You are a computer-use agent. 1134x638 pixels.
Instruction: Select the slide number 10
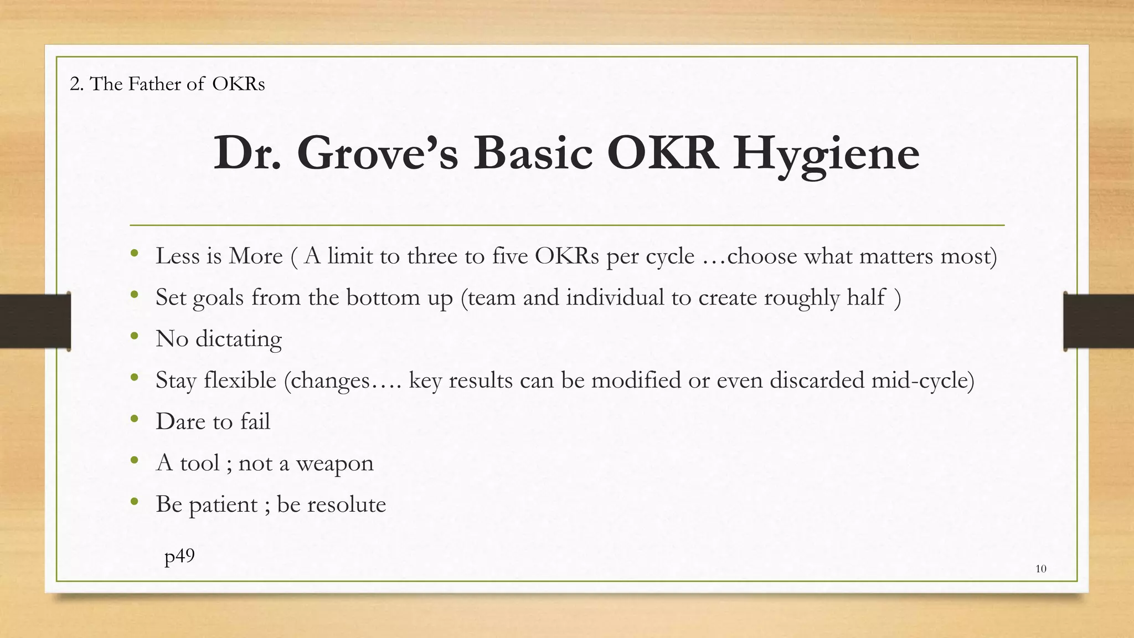(1040, 569)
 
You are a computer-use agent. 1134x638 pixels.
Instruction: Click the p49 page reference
(179, 556)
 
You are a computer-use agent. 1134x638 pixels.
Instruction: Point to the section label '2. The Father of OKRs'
(167, 84)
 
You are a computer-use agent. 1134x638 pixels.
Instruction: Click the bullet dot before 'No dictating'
(134, 336)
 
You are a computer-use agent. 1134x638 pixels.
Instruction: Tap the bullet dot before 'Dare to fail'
(134, 419)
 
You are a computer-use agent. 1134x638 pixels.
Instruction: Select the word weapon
(334, 464)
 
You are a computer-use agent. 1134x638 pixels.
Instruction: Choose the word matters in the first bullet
(896, 256)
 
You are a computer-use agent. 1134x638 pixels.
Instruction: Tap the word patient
(223, 506)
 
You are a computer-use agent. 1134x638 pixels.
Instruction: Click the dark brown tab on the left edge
(35, 321)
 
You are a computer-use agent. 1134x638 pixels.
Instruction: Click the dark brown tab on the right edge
(1099, 321)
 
